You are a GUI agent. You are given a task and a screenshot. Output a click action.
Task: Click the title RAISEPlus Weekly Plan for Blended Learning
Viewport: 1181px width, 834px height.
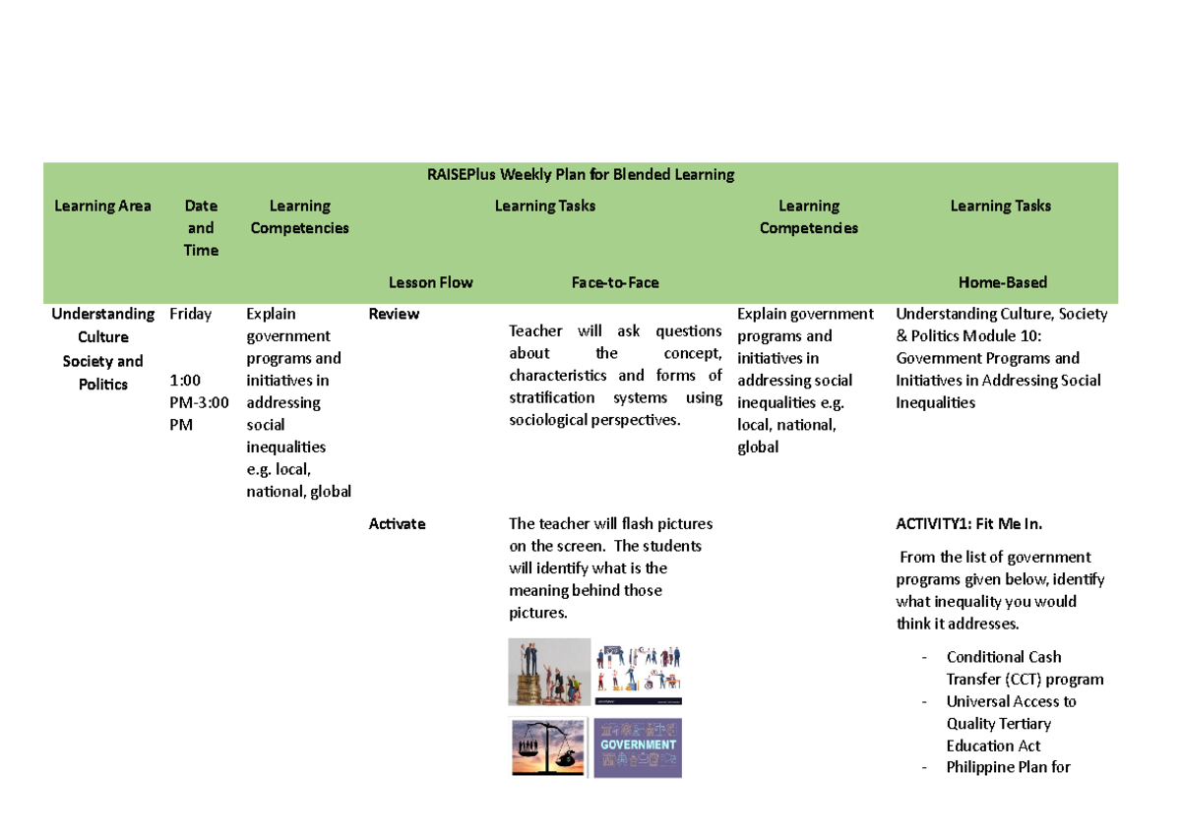click(x=580, y=175)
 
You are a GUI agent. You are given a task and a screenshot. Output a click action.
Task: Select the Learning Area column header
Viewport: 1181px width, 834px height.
click(x=102, y=207)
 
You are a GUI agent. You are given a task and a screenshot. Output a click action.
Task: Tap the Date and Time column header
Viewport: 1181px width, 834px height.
click(x=201, y=228)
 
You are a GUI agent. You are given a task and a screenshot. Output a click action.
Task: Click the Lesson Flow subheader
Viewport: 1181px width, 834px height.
click(x=430, y=283)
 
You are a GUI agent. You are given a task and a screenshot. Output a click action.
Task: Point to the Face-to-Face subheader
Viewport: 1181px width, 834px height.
click(x=615, y=283)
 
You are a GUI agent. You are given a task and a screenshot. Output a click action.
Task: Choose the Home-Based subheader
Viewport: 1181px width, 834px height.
click(x=1002, y=283)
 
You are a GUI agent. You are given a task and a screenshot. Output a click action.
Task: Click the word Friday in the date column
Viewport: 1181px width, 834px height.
click(x=191, y=315)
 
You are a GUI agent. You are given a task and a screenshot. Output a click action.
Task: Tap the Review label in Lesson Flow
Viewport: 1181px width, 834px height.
click(x=394, y=315)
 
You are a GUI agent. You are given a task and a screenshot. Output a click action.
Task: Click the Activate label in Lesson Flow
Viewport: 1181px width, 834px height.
click(x=397, y=524)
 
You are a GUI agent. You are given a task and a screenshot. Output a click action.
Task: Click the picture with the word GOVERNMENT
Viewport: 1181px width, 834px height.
click(x=638, y=747)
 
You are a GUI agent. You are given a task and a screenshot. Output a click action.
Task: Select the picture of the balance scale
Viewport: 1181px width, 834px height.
click(x=548, y=747)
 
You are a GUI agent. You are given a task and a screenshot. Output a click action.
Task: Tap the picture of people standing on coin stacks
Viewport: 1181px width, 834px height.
click(x=548, y=672)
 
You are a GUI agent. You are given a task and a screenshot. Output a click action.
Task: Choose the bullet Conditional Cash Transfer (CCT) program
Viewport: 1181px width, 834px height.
click(x=1024, y=669)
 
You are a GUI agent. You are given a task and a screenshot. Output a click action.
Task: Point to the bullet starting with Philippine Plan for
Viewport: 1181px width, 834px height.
click(x=1008, y=768)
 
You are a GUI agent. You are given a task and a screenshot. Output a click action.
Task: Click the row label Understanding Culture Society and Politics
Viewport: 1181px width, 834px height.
click(x=102, y=349)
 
